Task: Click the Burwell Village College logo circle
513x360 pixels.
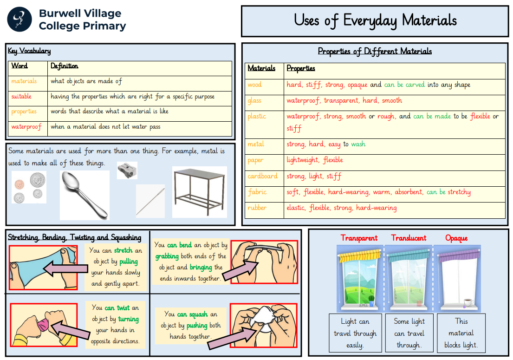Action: click(x=19, y=20)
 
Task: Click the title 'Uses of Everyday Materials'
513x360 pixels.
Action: click(x=375, y=20)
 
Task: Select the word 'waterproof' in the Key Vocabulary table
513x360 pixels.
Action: click(x=26, y=127)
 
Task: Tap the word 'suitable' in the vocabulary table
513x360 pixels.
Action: click(x=22, y=96)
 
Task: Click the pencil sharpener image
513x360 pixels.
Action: click(x=127, y=170)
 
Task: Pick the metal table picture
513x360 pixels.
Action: click(x=199, y=192)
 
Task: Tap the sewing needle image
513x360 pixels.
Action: click(x=150, y=201)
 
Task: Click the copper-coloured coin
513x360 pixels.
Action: click(x=19, y=185)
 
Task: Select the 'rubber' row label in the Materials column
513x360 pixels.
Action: click(x=257, y=208)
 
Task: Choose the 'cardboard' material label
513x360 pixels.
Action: click(x=262, y=176)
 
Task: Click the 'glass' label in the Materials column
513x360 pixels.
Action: click(x=254, y=101)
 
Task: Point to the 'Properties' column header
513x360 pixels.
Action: click(x=301, y=68)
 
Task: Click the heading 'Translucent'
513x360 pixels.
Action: click(x=409, y=238)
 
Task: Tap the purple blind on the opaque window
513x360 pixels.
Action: click(x=459, y=255)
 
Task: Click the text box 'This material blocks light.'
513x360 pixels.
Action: click(x=461, y=333)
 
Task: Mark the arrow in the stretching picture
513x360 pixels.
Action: click(x=65, y=268)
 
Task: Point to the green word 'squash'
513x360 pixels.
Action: click(x=198, y=314)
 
